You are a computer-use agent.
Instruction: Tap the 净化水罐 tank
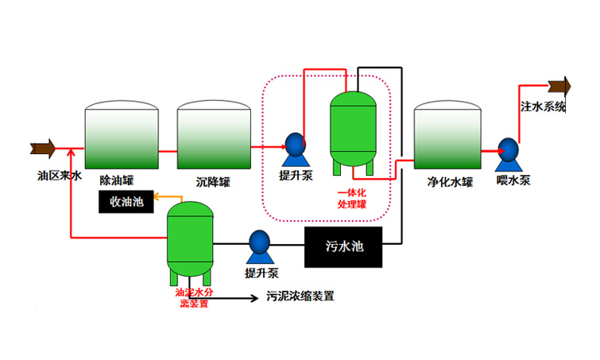tap(447, 134)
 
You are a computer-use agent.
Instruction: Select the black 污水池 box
tap(343, 247)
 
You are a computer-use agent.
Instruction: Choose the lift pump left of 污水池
tap(259, 246)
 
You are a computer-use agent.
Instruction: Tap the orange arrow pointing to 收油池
tap(158, 195)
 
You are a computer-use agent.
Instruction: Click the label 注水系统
tap(543, 106)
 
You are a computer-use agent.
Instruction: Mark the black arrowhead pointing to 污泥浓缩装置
tap(252, 299)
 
